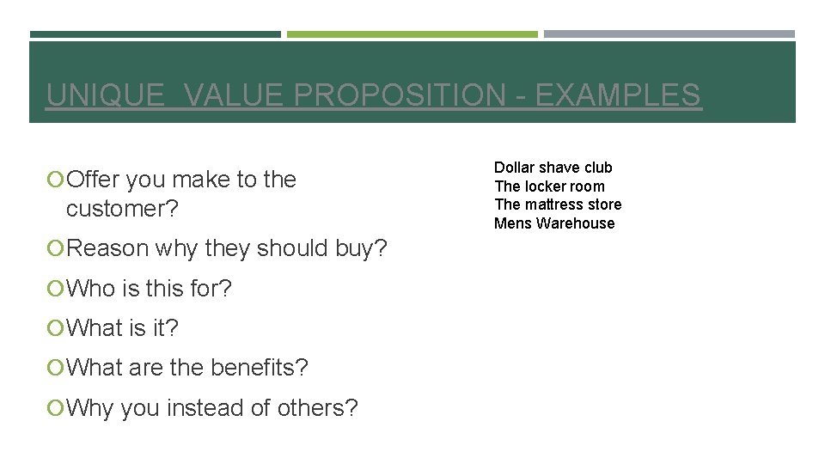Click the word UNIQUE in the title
[104, 95]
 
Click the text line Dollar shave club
[553, 168]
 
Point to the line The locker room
[549, 186]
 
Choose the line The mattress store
[558, 205]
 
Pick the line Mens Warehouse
[554, 223]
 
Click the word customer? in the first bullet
[121, 209]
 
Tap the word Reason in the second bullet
[108, 248]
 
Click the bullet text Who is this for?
[149, 289]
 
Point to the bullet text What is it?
[122, 328]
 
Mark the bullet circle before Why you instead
[56, 408]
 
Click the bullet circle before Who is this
[56, 289]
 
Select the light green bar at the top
[412, 34]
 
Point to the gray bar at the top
[669, 34]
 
